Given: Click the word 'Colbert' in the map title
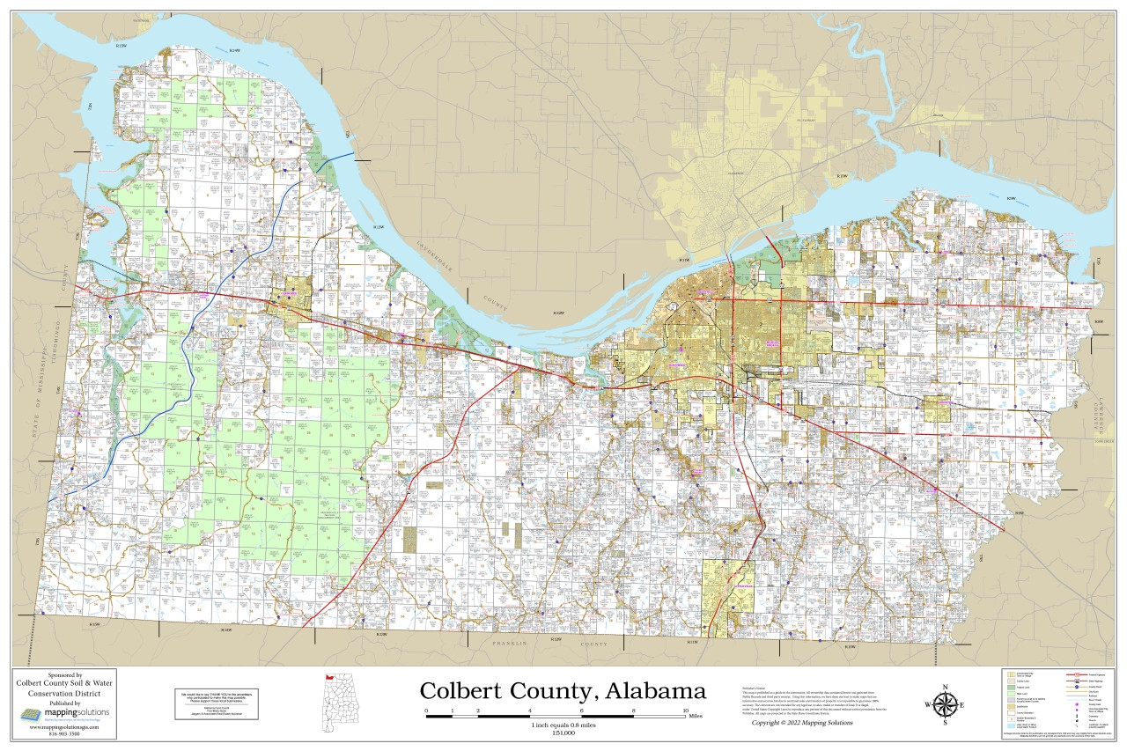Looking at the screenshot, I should pos(466,691).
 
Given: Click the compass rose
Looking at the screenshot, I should pos(945,704).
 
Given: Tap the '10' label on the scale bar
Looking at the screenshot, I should pos(686,710).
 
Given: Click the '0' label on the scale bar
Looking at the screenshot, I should pos(426,710).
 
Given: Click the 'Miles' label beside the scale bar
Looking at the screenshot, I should pos(696,717).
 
